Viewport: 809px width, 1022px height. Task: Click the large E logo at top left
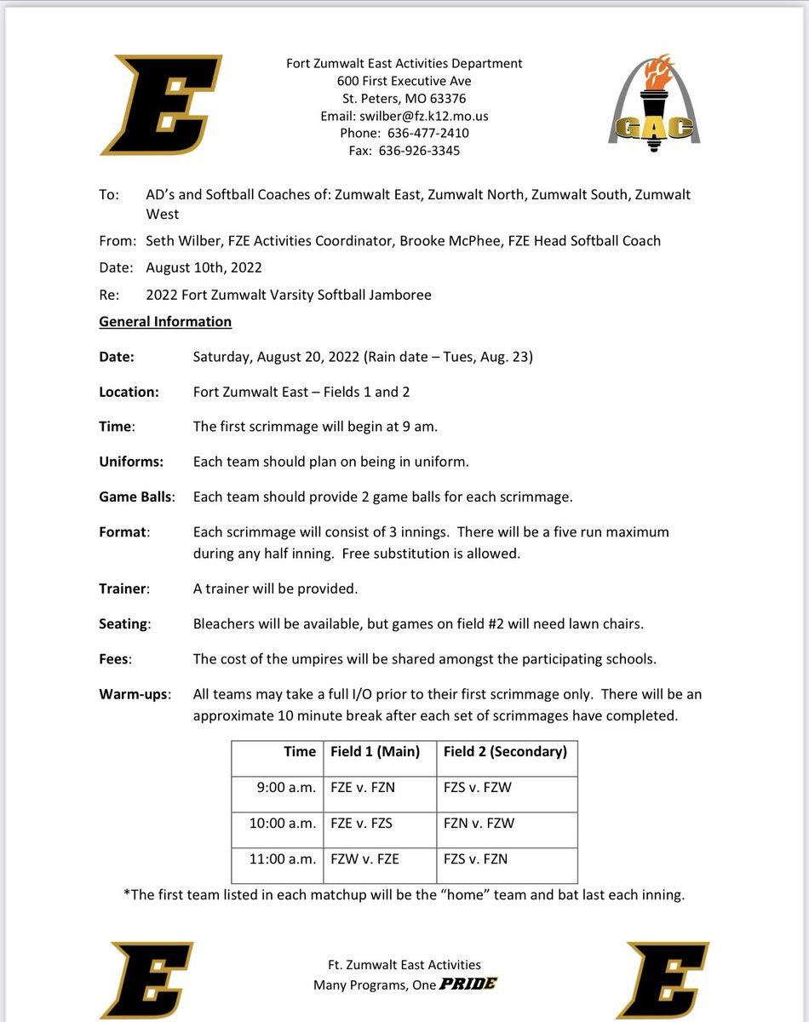point(162,105)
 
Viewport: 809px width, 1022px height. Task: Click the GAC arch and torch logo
point(654,106)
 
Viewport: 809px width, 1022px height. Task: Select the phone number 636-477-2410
point(427,133)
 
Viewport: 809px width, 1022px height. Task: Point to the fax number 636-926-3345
point(423,151)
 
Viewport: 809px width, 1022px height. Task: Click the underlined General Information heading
point(165,322)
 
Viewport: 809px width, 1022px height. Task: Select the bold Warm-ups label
point(134,694)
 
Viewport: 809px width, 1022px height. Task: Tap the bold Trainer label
point(123,589)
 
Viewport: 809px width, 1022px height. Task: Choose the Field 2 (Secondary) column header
point(505,751)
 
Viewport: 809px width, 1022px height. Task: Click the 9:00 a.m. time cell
point(286,788)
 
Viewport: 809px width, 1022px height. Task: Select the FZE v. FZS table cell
point(362,824)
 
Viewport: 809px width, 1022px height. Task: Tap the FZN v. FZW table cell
point(479,824)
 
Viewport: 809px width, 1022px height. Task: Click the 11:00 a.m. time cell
point(283,859)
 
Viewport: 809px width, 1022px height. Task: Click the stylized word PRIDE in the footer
point(468,985)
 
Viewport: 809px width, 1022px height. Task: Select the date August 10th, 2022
point(204,267)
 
